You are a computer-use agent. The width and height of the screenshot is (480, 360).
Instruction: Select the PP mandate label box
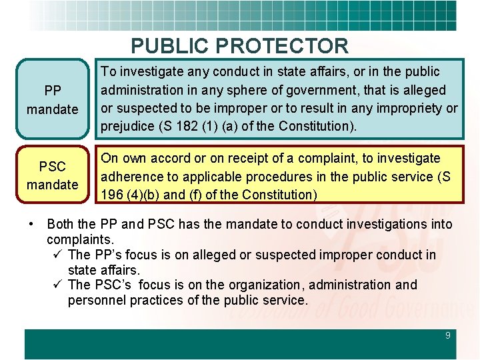pyautogui.click(x=53, y=99)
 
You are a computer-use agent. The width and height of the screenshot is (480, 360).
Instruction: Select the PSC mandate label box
pyautogui.click(x=53, y=175)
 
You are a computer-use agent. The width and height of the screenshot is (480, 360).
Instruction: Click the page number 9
pyautogui.click(x=448, y=335)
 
